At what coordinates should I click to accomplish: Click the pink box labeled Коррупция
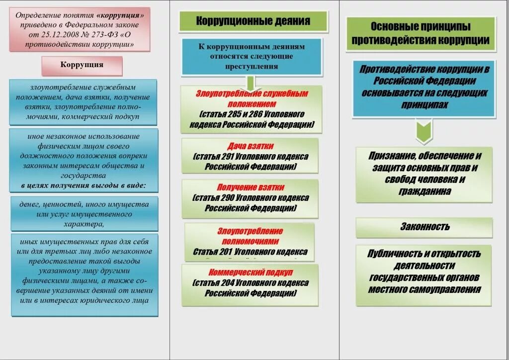coord(82,65)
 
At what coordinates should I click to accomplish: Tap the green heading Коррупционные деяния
coord(253,21)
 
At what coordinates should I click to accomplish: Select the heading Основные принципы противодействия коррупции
coord(421,33)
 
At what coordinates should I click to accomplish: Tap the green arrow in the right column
coord(424,130)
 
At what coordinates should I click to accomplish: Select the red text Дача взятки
coord(251,147)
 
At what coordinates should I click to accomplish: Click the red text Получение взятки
coord(251,187)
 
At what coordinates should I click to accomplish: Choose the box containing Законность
coord(424,227)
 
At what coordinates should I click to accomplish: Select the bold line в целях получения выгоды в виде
coord(84,185)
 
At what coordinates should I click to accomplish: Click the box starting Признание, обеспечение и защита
coord(424,174)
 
